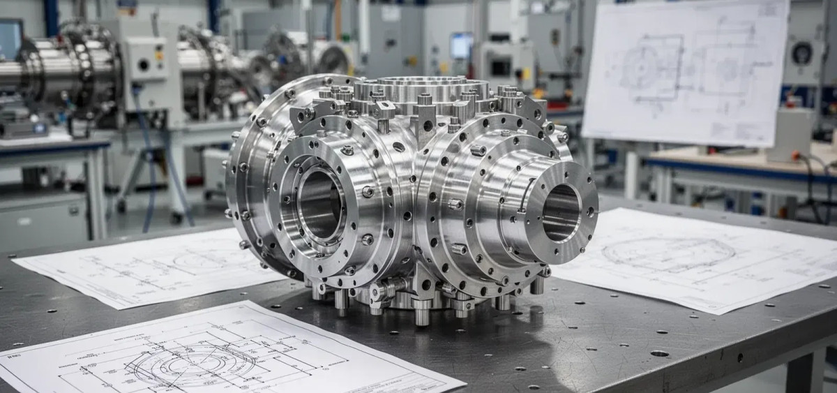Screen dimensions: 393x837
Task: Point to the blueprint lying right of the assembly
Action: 697,258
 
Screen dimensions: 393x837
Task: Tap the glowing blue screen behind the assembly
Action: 460,46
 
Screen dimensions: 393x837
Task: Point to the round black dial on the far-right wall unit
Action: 803,52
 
